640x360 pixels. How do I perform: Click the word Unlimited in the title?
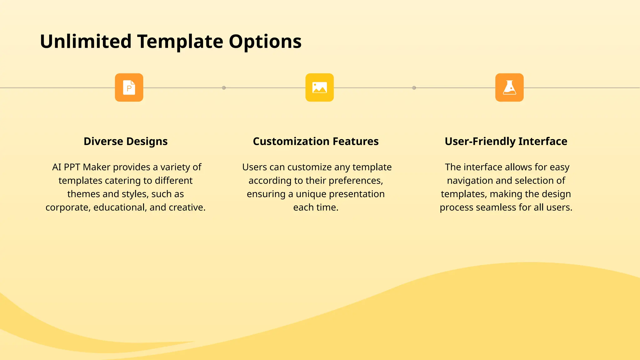pos(86,41)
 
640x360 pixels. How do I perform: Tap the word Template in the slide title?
pos(180,41)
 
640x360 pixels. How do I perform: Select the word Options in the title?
pos(265,41)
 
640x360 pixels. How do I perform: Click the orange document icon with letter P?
pos(129,87)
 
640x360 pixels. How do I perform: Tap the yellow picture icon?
pos(319,87)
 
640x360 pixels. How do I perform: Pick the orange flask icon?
pos(509,87)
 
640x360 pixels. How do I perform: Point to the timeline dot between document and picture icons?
pos(224,88)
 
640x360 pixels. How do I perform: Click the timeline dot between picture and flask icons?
pos(414,88)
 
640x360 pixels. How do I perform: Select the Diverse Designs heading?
pos(126,141)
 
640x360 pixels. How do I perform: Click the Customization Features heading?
pos(316,141)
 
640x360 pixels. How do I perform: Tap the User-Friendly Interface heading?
pos(506,141)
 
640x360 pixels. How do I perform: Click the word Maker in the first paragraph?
pos(97,167)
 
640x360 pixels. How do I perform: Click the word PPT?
pos(72,167)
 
